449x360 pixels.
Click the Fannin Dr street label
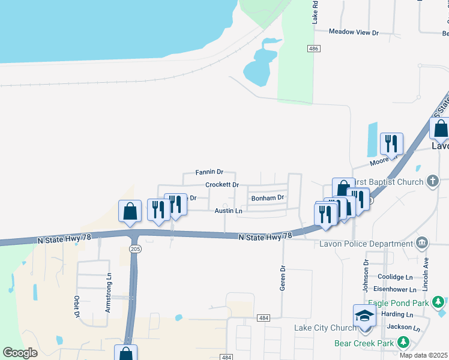coord(209,172)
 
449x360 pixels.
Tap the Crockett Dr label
coord(222,185)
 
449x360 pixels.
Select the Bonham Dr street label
coord(267,197)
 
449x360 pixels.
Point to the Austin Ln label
coord(228,211)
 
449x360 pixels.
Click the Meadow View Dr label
coord(354,32)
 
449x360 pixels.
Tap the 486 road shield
coord(313,49)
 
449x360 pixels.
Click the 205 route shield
coord(134,248)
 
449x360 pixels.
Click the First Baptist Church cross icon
coord(433,182)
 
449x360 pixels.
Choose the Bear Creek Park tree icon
coord(403,343)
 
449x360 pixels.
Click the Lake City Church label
coord(325,328)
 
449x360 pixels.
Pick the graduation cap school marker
coord(364,316)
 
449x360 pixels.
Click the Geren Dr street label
coord(282,278)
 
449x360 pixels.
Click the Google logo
coord(20,353)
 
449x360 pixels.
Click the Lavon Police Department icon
coord(423,243)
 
